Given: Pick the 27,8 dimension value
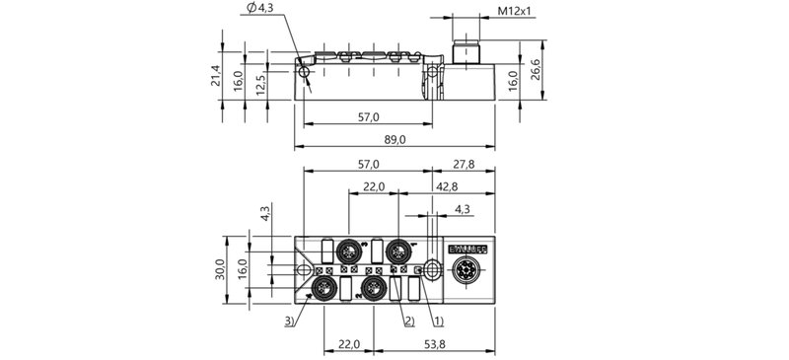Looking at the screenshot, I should tap(465, 164).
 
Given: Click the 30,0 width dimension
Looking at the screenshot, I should tap(222, 269).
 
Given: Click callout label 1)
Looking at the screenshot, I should tap(439, 322).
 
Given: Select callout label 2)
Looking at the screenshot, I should tap(406, 322).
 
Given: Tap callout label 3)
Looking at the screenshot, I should tap(289, 322).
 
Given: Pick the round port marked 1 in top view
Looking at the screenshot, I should tap(398, 249).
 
